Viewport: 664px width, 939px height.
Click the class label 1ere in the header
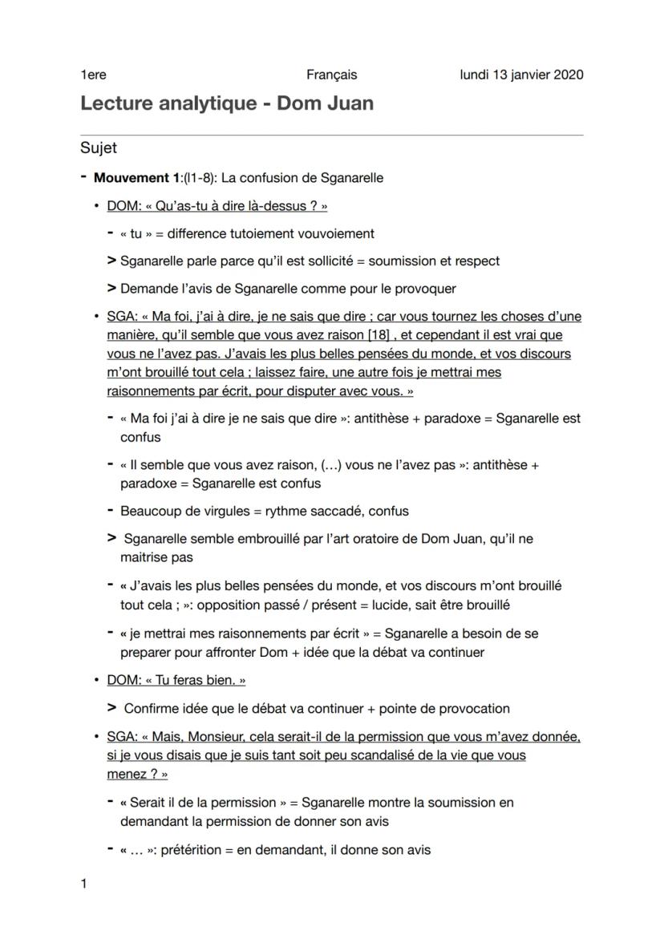click(93, 75)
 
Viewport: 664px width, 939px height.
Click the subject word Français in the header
click(331, 75)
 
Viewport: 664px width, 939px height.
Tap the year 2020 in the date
click(568, 75)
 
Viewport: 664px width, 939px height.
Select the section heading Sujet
click(99, 148)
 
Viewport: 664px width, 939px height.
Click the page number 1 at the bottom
click(83, 884)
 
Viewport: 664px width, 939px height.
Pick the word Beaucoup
click(149, 511)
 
